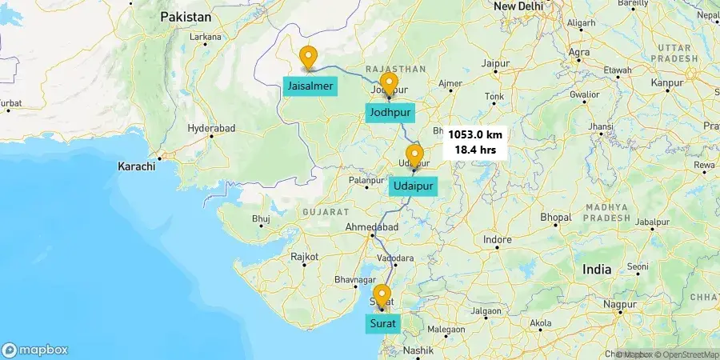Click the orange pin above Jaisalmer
click(x=308, y=58)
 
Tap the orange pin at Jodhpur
click(x=389, y=84)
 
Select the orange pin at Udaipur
click(x=414, y=156)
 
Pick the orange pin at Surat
click(x=382, y=295)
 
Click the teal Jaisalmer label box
click(x=309, y=86)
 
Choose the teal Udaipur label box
click(x=414, y=187)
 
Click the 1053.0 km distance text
click(x=475, y=135)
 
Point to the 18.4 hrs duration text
click(x=475, y=149)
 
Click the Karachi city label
click(x=136, y=166)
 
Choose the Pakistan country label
click(x=186, y=17)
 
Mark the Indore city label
click(x=497, y=239)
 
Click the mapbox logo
click(x=35, y=350)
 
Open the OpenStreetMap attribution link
click(x=686, y=354)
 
